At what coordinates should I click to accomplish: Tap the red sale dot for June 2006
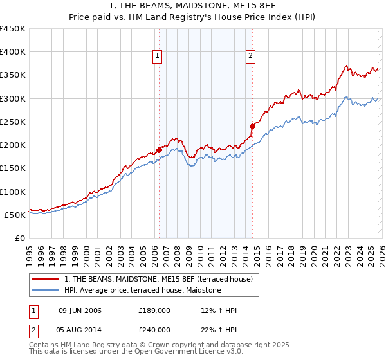coord(159,150)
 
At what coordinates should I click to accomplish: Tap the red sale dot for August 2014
coord(252,127)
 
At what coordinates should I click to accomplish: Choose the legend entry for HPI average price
coord(142,291)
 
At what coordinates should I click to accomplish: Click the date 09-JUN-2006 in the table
coord(80,310)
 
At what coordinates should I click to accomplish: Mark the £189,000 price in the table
coord(154,310)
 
